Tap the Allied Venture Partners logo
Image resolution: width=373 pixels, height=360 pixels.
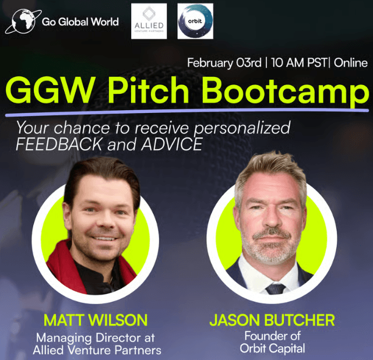149,21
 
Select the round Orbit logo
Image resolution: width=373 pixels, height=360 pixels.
195,21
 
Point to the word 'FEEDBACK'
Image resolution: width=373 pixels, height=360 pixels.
56,144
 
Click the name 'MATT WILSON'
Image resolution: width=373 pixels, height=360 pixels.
95,320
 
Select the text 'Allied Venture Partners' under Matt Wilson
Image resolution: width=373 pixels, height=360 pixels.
96,350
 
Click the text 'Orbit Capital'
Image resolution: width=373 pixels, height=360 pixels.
273,349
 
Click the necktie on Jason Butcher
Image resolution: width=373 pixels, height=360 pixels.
275,288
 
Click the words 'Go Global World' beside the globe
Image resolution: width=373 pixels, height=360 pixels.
80,22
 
